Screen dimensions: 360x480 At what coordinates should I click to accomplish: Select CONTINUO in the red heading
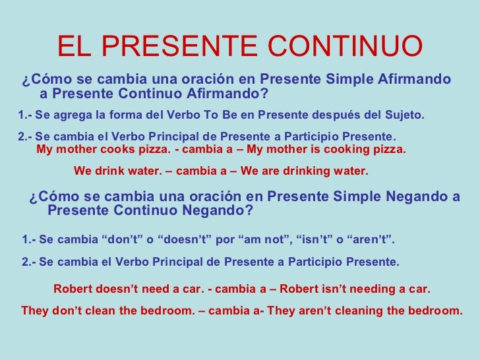pyautogui.click(x=345, y=47)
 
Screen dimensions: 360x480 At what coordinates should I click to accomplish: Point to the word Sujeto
pyautogui.click(x=404, y=115)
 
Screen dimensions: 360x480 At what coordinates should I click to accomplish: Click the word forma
pyautogui.click(x=125, y=115)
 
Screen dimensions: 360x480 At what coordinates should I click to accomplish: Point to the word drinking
pyautogui.click(x=304, y=171)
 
